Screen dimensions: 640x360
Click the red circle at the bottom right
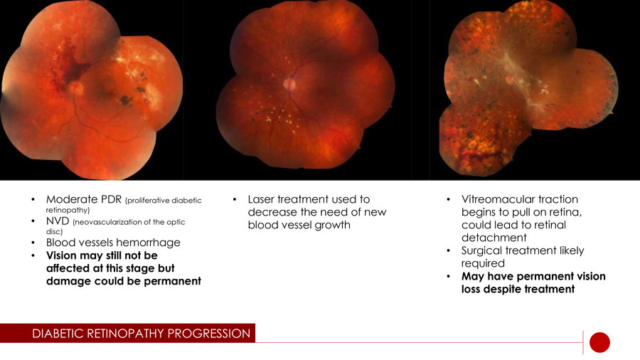tap(599, 342)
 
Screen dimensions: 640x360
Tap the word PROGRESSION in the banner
tap(209, 334)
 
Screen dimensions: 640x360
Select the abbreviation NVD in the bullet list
tap(58, 221)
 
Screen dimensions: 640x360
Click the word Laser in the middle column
tap(261, 199)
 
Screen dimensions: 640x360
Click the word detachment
tap(494, 238)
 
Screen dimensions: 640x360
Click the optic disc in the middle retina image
tap(289, 85)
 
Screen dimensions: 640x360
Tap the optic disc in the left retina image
tap(76, 88)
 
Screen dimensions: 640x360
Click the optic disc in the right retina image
tap(510, 79)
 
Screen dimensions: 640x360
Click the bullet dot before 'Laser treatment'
tap(235, 200)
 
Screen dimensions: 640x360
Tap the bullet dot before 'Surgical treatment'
tap(448, 251)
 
